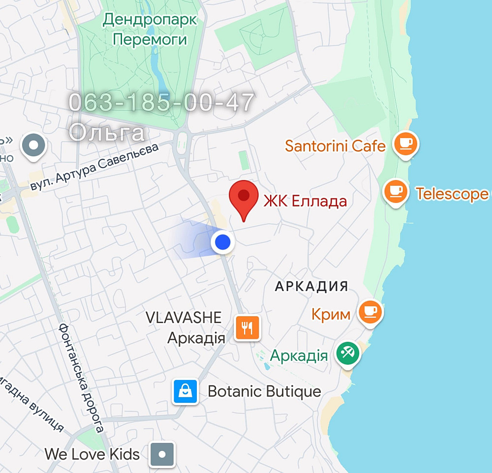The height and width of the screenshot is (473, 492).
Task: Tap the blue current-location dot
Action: (x=223, y=242)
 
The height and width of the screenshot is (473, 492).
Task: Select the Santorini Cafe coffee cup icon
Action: (x=406, y=144)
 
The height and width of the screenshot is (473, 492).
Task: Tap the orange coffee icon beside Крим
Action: (x=370, y=312)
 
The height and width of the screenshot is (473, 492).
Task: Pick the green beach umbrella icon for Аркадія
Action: (x=348, y=353)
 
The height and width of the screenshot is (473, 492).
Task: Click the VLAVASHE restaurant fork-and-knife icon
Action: (x=247, y=327)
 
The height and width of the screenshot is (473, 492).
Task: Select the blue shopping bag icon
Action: (x=185, y=391)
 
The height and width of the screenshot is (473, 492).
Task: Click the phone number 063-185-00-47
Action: (x=161, y=103)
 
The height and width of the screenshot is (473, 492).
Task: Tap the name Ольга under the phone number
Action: (x=107, y=132)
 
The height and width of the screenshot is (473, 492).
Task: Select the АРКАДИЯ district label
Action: (x=311, y=286)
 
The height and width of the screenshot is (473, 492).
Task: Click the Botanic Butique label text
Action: (x=264, y=392)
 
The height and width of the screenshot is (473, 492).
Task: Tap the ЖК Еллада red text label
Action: (x=305, y=201)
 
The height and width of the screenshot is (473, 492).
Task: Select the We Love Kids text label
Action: (x=92, y=454)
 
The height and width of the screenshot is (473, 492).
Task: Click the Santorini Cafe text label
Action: (x=335, y=146)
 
